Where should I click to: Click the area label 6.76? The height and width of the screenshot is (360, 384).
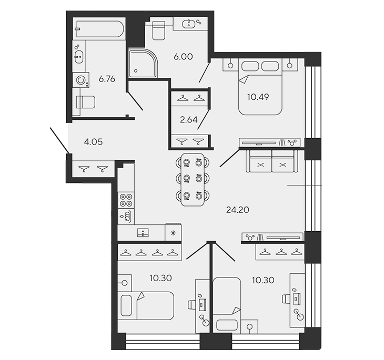click(x=107, y=79)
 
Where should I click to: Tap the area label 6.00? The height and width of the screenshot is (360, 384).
click(x=183, y=57)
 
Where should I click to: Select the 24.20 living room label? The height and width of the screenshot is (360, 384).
click(x=238, y=210)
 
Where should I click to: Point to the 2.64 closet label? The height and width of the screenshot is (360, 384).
click(x=188, y=120)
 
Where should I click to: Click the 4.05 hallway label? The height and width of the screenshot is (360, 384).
click(x=93, y=142)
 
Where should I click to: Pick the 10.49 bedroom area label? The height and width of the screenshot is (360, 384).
click(x=258, y=97)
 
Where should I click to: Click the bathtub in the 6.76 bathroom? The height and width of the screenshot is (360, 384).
click(x=99, y=29)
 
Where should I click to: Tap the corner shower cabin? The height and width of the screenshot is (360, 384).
click(x=142, y=64)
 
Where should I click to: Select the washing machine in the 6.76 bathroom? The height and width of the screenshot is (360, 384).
click(x=81, y=80)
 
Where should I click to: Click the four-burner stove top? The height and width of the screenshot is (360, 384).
click(x=126, y=200)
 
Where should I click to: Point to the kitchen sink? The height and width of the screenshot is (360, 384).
click(x=143, y=233)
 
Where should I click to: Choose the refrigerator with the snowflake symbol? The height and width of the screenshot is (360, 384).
click(x=173, y=232)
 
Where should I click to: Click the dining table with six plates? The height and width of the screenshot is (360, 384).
click(x=193, y=180)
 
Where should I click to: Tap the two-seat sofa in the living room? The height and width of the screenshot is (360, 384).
click(x=271, y=161)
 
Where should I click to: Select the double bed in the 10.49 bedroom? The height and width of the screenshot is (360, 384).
click(x=260, y=87)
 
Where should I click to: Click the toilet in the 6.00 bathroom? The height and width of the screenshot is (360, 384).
click(x=158, y=30)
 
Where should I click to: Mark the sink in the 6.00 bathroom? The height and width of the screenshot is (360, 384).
click(x=188, y=24)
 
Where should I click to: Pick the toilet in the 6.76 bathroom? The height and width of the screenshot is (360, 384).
click(x=86, y=102)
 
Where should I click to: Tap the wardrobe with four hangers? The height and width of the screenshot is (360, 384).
click(x=149, y=252)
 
